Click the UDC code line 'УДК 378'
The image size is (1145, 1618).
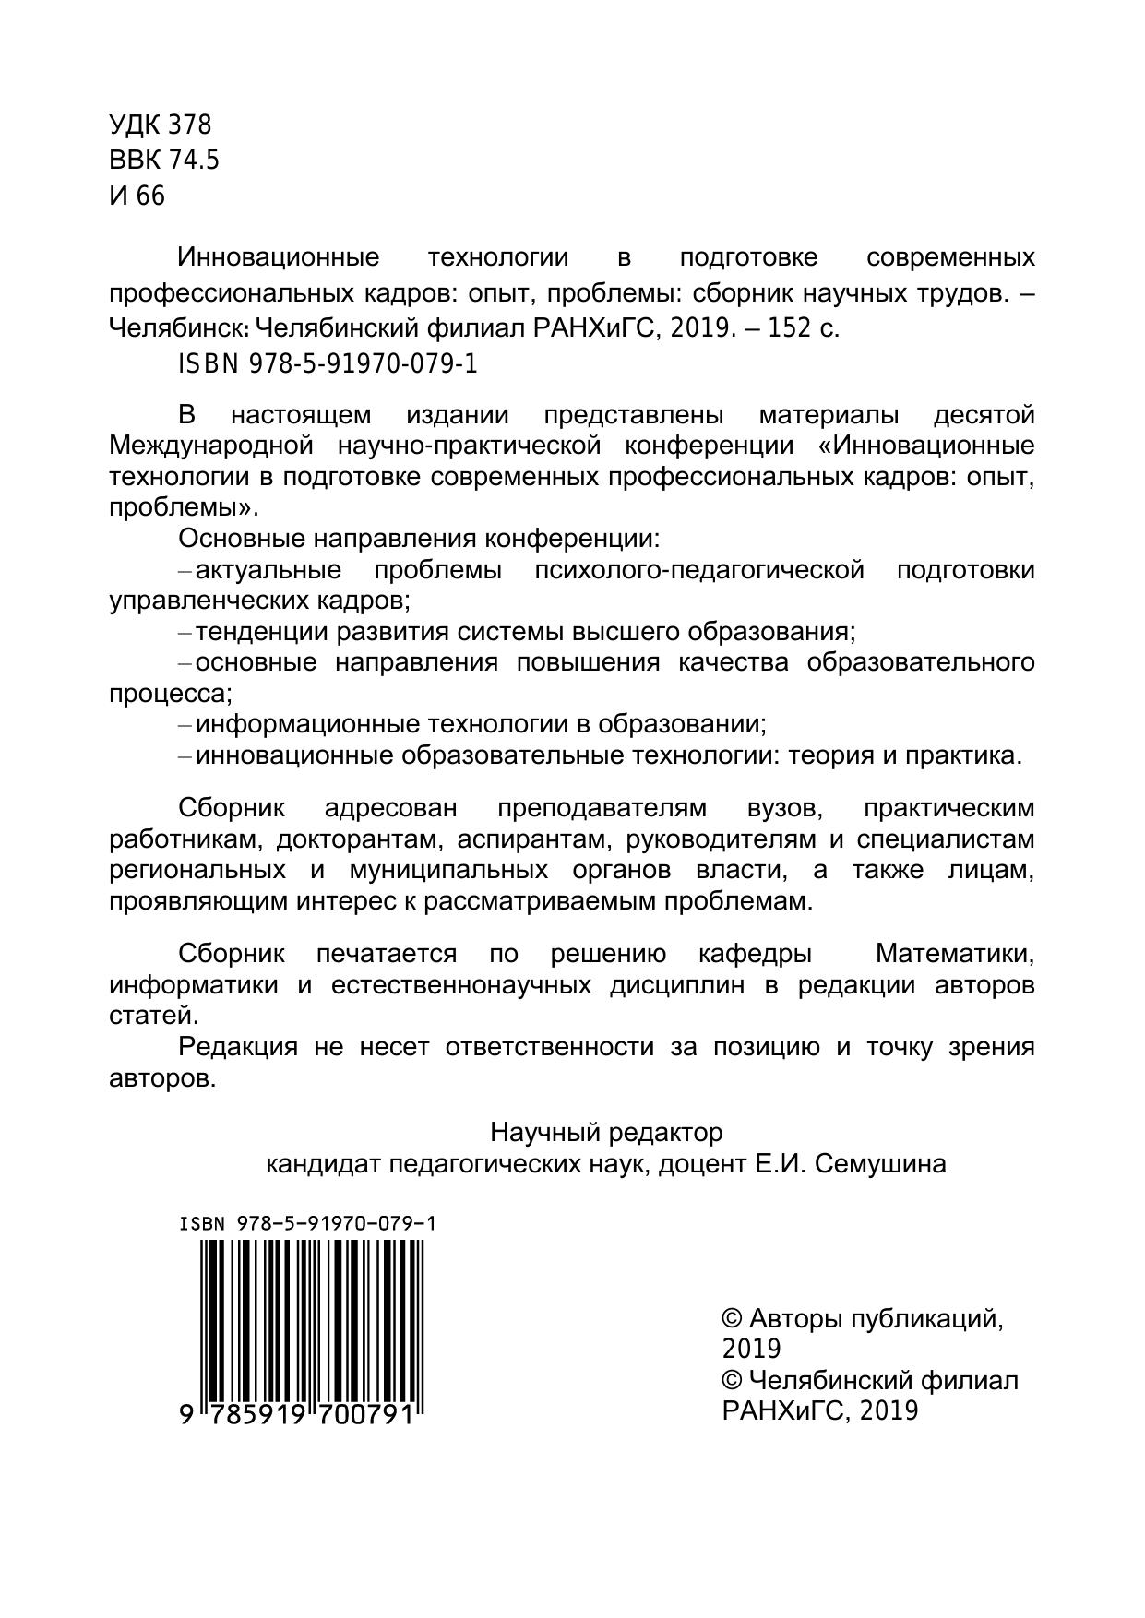[161, 125]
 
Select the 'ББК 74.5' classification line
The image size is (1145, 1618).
[164, 161]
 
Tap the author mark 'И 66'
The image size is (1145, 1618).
[137, 196]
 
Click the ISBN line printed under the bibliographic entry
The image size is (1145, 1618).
[328, 364]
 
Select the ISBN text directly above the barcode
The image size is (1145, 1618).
[307, 1224]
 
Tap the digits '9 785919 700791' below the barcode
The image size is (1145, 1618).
[297, 1414]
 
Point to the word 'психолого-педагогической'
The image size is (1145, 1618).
[699, 570]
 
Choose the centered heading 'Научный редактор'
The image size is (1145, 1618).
[606, 1132]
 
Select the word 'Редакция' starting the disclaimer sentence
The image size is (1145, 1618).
[238, 1047]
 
